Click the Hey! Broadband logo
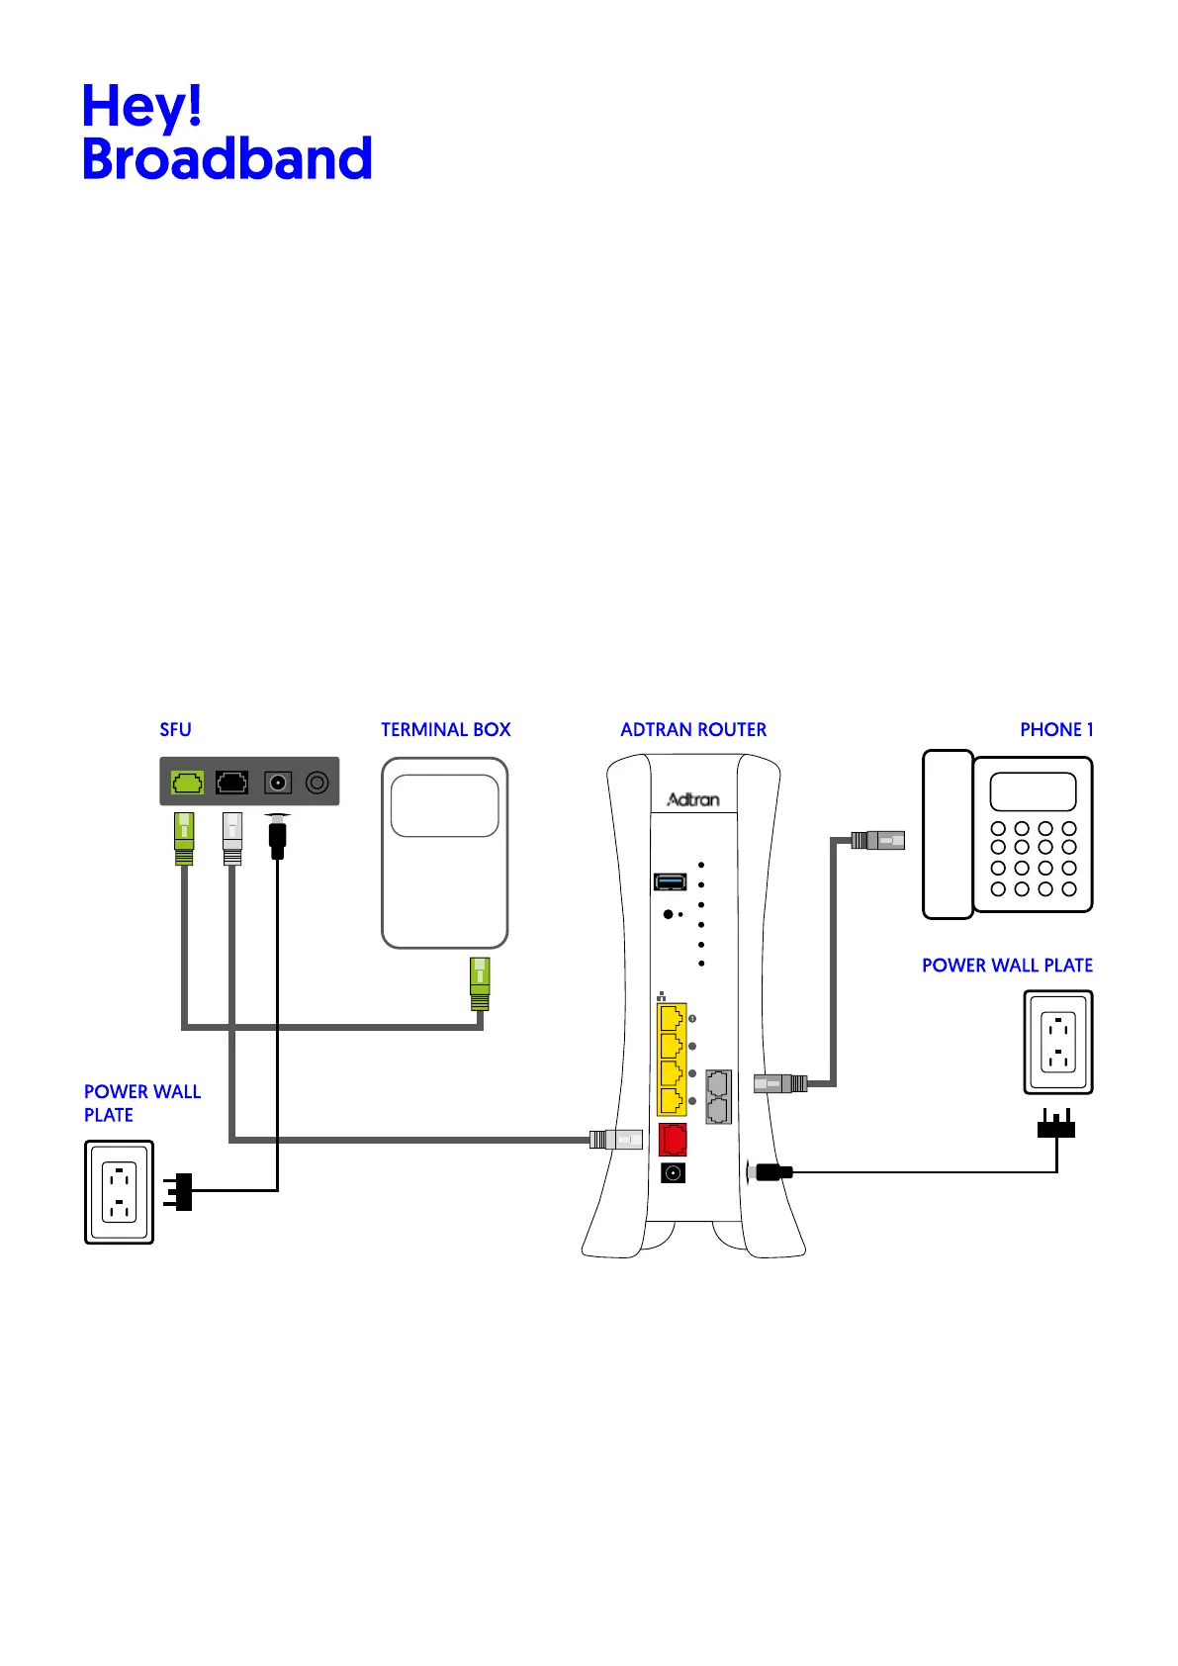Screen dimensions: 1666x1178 [227, 133]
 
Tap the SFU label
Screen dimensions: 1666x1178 [175, 730]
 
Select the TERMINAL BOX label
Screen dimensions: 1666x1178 [445, 730]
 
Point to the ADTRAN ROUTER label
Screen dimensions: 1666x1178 [692, 730]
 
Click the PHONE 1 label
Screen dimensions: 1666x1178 [1055, 730]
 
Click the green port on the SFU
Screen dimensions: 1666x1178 [188, 783]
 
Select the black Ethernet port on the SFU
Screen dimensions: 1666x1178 [232, 783]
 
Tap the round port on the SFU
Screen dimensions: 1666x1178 [317, 783]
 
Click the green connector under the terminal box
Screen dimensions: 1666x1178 [480, 983]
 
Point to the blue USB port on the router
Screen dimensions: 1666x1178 [671, 881]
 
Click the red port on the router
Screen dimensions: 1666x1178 [673, 1140]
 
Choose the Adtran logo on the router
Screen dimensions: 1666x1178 [692, 799]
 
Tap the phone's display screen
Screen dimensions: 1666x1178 [1033, 791]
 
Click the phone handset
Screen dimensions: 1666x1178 [948, 834]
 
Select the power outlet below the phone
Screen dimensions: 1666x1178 [1058, 1044]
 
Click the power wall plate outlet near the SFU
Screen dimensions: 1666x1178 [120, 1192]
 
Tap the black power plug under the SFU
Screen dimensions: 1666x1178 [278, 837]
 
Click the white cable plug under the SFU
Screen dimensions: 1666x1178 [232, 838]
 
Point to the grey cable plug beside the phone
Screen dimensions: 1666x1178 [878, 841]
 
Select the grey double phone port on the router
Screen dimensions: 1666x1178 [719, 1096]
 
